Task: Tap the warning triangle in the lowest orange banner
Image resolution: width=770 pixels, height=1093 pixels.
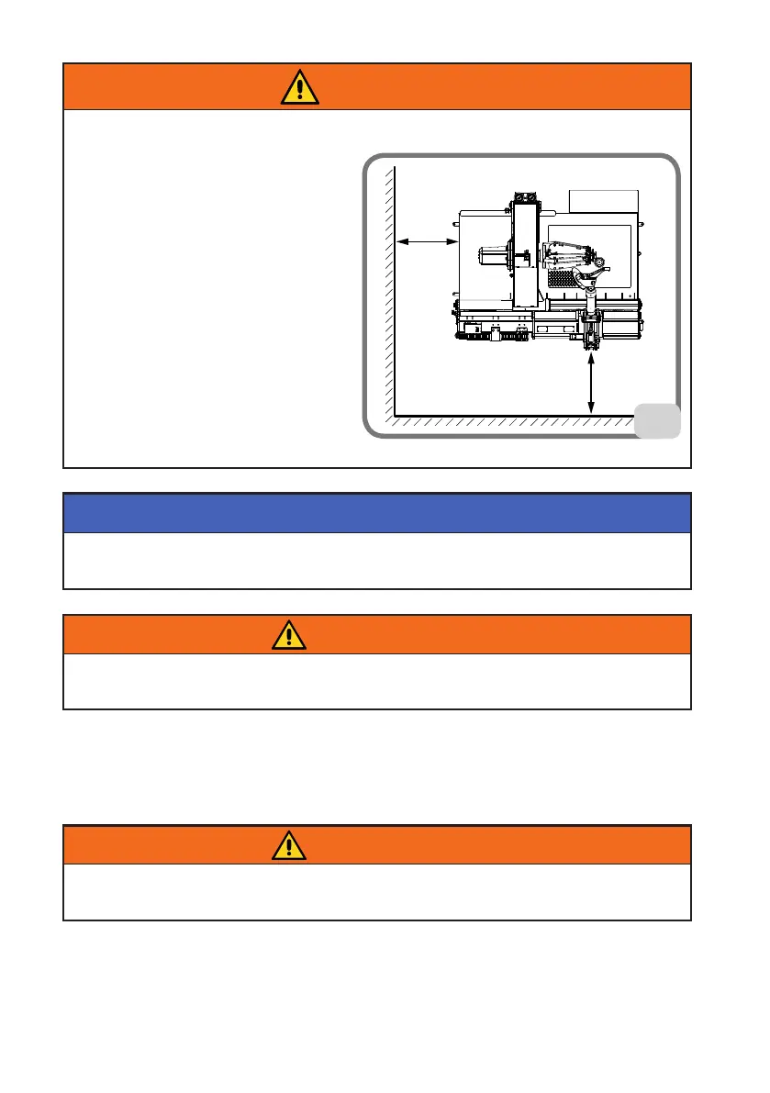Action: click(x=289, y=844)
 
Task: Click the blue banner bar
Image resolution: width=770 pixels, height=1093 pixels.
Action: click(x=376, y=513)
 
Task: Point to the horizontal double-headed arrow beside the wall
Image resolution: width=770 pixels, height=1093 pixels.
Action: click(x=427, y=241)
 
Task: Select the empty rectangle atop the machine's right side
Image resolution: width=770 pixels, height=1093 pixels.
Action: click(x=603, y=201)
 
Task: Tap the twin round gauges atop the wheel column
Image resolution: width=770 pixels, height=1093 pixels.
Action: click(x=524, y=196)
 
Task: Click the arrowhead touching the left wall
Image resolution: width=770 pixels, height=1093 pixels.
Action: click(x=400, y=241)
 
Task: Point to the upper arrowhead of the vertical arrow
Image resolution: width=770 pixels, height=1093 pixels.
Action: click(x=591, y=360)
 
